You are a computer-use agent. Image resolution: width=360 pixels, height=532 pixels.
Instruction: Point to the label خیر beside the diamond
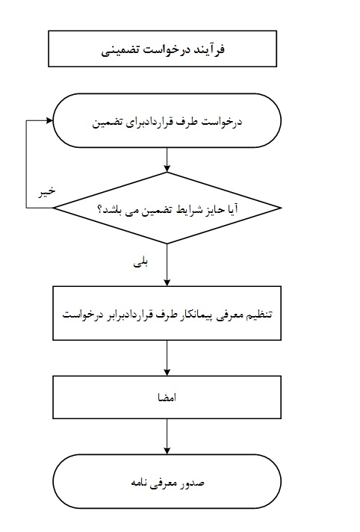(x=46, y=192)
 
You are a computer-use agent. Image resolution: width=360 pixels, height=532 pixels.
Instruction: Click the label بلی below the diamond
(x=140, y=263)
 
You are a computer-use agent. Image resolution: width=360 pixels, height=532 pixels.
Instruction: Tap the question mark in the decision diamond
(x=100, y=209)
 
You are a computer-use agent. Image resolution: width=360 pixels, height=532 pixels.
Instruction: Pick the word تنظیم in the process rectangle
(x=260, y=315)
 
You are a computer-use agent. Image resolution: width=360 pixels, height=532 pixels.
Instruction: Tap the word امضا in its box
(x=167, y=398)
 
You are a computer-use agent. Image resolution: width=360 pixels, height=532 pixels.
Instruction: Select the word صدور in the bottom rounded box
(x=193, y=483)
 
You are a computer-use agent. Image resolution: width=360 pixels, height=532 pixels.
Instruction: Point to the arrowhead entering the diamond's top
(x=167, y=169)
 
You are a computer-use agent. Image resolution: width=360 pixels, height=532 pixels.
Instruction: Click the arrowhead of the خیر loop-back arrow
(x=49, y=120)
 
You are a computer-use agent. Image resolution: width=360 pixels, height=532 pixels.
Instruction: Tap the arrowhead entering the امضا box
(x=167, y=372)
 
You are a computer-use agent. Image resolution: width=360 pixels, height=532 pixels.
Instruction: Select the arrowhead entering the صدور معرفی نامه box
(x=167, y=451)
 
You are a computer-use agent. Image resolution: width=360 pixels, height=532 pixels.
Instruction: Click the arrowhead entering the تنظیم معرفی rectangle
(x=167, y=282)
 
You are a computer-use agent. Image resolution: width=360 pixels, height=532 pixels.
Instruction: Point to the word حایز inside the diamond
(x=216, y=210)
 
